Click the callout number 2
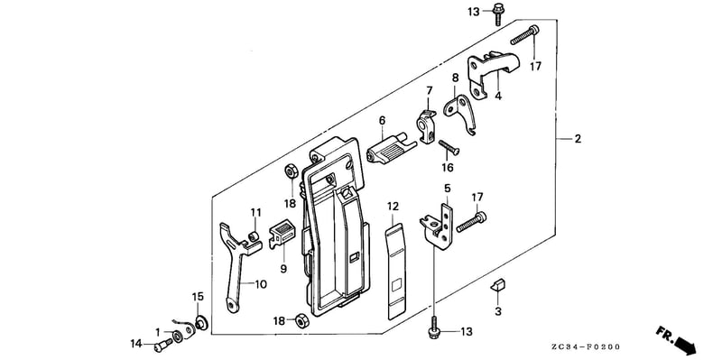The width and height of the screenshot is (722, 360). [578, 139]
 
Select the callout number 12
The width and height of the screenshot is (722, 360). [393, 207]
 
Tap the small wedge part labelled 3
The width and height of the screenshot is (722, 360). [498, 285]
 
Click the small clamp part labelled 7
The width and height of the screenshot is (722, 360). [426, 125]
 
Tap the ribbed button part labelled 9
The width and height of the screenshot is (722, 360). [282, 233]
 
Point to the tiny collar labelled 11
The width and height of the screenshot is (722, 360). [253, 236]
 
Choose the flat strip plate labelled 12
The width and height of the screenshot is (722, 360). [396, 272]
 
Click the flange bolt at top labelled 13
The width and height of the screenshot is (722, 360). [498, 14]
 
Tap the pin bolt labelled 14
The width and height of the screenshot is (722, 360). [163, 345]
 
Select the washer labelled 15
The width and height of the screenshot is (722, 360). [200, 323]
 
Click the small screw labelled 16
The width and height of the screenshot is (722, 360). [449, 148]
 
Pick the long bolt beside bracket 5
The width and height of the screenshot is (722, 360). [471, 221]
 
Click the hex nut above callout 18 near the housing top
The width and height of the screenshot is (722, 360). [291, 171]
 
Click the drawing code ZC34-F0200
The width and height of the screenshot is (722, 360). [591, 346]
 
